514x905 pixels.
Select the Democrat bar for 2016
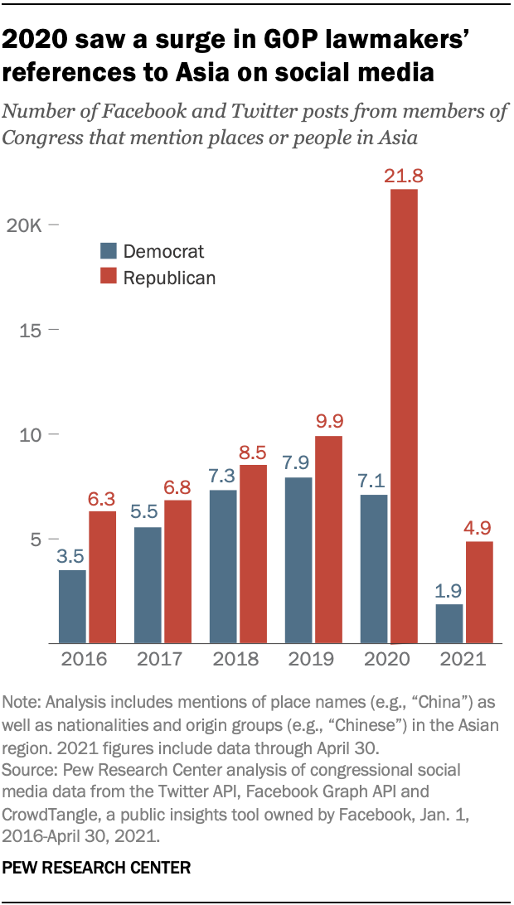[71, 606]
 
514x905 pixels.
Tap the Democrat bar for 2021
[449, 623]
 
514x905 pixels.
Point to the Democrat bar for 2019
[298, 560]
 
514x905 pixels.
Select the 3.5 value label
[71, 555]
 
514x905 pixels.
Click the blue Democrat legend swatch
[108, 251]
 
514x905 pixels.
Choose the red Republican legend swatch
[108, 278]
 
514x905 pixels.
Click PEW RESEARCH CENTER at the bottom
[97, 868]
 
